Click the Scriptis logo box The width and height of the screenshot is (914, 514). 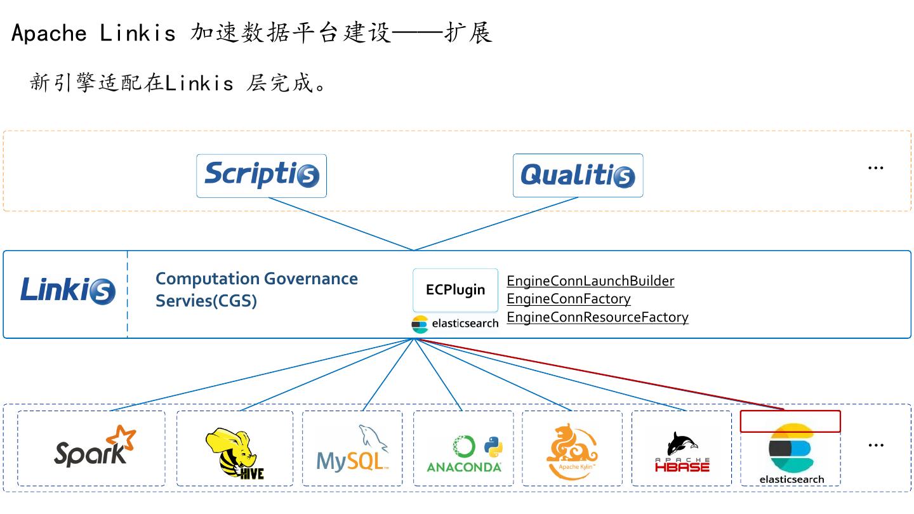(261, 175)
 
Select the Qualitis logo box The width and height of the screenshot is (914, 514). (578, 175)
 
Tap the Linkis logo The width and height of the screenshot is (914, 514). (68, 290)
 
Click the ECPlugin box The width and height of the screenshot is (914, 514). (455, 290)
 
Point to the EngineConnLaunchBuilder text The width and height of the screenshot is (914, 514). (590, 281)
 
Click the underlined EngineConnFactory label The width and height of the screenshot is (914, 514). (569, 299)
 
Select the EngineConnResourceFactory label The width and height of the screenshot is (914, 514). (597, 317)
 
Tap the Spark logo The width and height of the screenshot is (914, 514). (95, 447)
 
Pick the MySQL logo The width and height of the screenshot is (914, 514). (352, 449)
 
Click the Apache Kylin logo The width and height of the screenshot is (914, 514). (572, 451)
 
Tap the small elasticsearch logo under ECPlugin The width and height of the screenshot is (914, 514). (455, 324)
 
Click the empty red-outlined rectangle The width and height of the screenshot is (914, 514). (790, 421)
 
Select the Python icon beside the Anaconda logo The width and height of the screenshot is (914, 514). (493, 447)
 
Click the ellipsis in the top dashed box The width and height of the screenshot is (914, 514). (875, 168)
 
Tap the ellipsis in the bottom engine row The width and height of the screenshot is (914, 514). (876, 445)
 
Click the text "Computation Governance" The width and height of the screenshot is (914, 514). (256, 279)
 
